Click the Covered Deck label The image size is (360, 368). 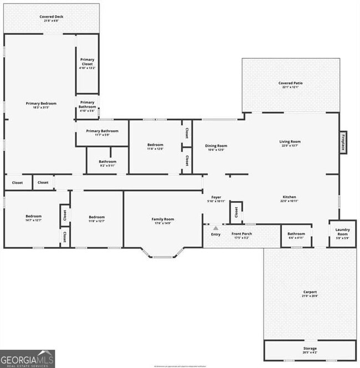(x=51, y=17)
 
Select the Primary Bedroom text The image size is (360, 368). (x=41, y=104)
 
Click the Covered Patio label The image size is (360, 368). (x=290, y=84)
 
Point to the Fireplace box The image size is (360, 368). (x=343, y=142)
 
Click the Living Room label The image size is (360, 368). (x=290, y=142)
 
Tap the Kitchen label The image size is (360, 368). (x=289, y=197)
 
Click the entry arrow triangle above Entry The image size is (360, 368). (x=215, y=228)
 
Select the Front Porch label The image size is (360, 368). (x=241, y=234)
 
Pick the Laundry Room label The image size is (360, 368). (x=342, y=232)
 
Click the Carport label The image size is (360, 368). (x=310, y=292)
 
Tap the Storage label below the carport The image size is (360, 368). (x=310, y=349)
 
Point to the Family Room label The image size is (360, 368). (x=163, y=219)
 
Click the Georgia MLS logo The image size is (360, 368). (x=28, y=359)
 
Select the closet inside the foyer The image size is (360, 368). (x=236, y=212)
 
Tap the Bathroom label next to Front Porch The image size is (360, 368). (x=296, y=234)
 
